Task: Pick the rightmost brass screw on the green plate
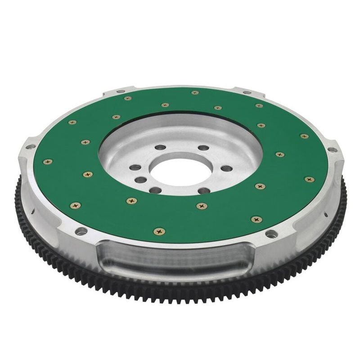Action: (x=309, y=179)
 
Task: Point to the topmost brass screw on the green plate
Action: (x=195, y=93)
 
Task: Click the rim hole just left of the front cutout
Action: (x=82, y=231)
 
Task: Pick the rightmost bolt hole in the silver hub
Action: (x=227, y=169)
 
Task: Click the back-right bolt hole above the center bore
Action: (x=203, y=148)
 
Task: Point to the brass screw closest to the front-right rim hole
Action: (x=256, y=220)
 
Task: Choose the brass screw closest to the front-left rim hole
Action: (x=76, y=205)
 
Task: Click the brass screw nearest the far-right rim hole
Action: (x=304, y=136)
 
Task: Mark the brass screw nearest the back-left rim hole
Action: (x=128, y=98)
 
